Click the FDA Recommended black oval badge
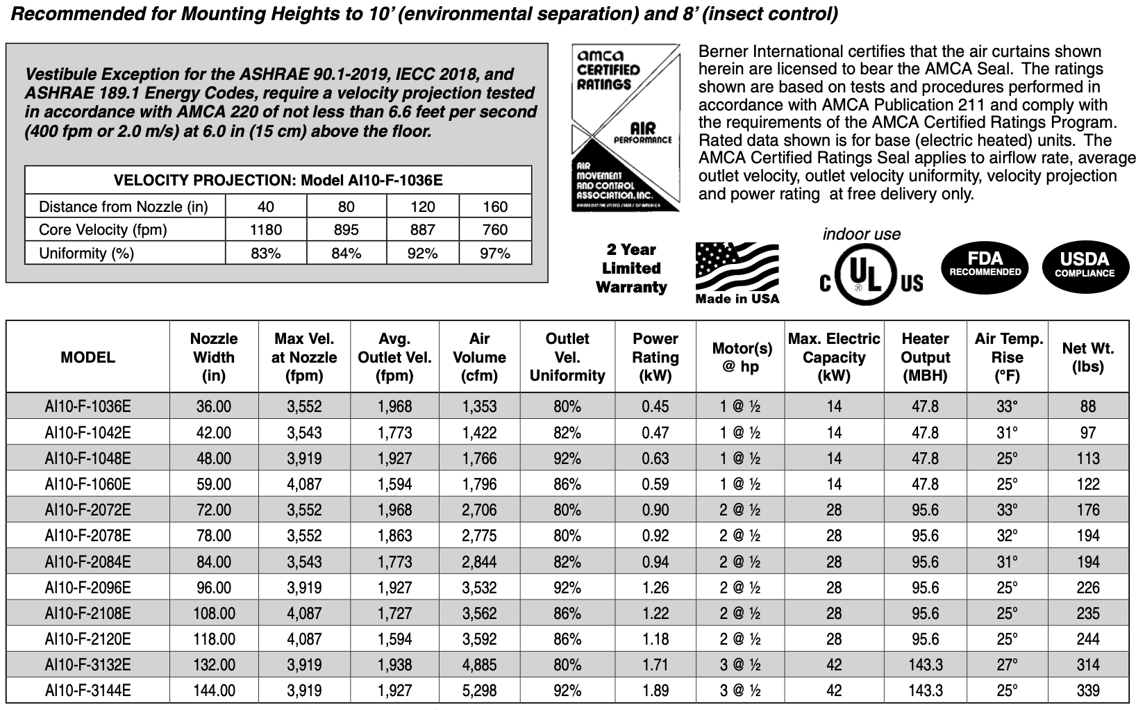pos(985,264)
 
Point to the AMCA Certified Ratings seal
pos(624,127)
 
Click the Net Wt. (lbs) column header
pos(1087,357)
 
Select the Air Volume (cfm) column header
pos(479,357)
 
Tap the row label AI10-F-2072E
pos(87,510)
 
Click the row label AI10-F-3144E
pos(87,691)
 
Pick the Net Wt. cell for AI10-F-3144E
pos(1087,691)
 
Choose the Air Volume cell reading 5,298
pos(479,691)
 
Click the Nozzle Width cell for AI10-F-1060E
pos(213,484)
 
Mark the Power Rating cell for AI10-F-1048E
pos(655,459)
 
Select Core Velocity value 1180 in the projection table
pos(265,230)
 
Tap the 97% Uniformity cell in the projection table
pos(494,254)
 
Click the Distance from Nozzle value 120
pos(422,206)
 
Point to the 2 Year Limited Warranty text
pos(630,268)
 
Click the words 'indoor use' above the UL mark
pos(861,234)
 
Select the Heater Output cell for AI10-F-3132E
pos(925,665)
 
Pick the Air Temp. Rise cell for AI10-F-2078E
pos(1007,536)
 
